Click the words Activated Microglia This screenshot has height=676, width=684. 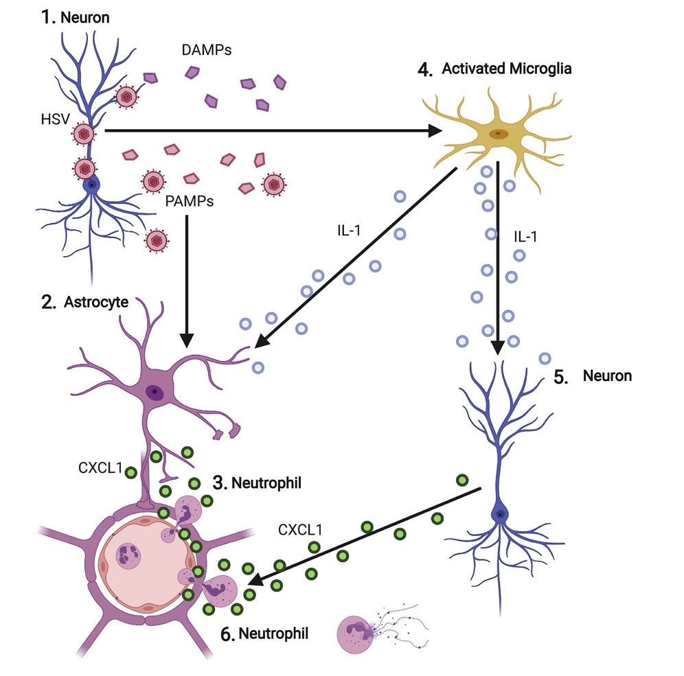coord(507,69)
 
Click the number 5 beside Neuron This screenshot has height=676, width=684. coord(561,377)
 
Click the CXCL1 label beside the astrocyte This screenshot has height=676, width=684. coord(100,468)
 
